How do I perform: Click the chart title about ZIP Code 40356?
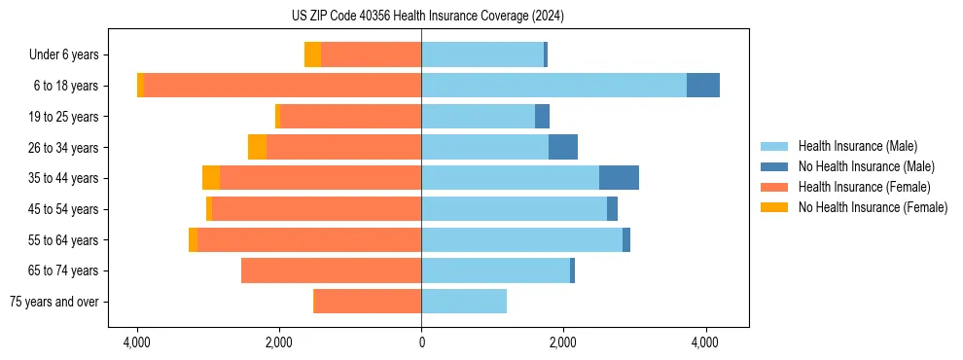[421, 17]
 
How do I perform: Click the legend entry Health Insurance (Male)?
[857, 146]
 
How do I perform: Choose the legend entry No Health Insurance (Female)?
[873, 207]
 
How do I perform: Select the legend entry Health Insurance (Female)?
[864, 187]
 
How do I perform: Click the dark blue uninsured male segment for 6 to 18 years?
[702, 86]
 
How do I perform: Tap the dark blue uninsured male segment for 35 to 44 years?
[619, 178]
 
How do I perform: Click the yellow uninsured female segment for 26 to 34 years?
[257, 147]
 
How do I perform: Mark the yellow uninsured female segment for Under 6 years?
[312, 55]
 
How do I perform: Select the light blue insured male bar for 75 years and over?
[464, 302]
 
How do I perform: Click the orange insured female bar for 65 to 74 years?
[331, 270]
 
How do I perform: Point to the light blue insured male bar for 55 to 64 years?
[521, 239]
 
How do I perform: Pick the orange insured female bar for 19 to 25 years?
[350, 117]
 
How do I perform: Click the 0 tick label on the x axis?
[421, 342]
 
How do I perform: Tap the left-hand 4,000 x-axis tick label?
[137, 342]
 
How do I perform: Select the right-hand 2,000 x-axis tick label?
[563, 342]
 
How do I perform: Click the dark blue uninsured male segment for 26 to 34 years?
[563, 147]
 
